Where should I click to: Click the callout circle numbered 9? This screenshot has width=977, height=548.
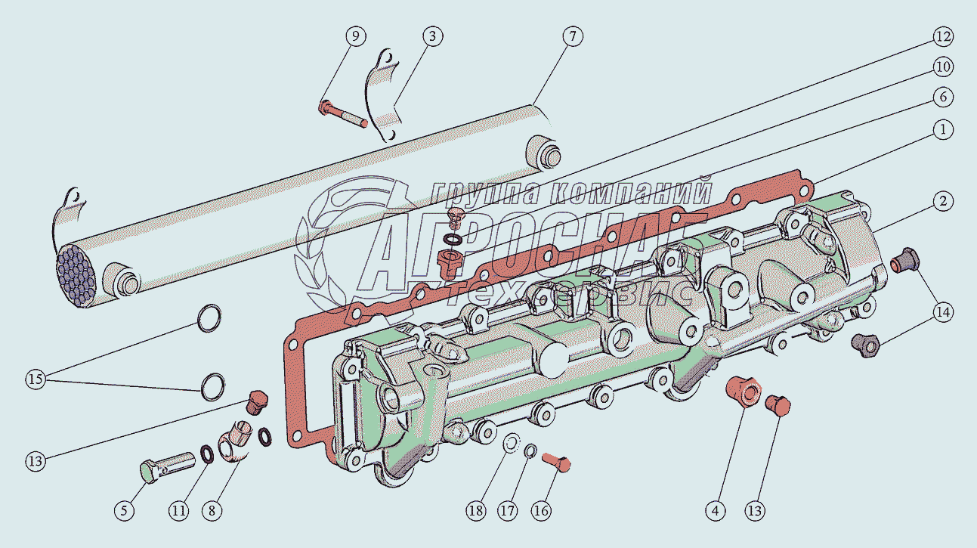[355, 36]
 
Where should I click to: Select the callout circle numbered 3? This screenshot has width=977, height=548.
[432, 36]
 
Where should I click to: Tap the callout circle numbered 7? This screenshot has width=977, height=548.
[573, 36]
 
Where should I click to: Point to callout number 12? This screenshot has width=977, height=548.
[943, 36]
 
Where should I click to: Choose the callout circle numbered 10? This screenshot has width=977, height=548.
[943, 67]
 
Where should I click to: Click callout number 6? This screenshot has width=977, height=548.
[943, 97]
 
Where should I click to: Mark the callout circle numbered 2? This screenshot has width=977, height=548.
[943, 202]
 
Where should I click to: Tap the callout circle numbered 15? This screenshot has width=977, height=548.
[36, 379]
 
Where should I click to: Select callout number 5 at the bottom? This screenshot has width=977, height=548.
[125, 510]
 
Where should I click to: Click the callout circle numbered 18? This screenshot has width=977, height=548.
[476, 510]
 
